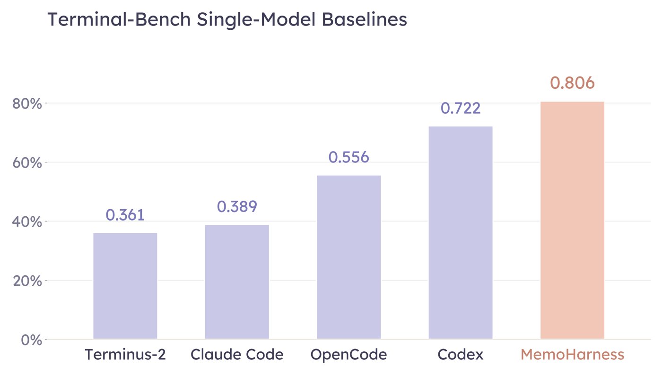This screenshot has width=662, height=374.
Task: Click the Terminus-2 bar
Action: click(x=125, y=286)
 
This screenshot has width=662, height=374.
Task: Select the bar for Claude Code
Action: click(x=237, y=281)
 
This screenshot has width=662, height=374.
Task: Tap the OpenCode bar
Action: click(x=349, y=257)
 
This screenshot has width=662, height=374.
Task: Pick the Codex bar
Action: click(x=461, y=233)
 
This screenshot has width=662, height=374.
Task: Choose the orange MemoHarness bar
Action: click(x=573, y=220)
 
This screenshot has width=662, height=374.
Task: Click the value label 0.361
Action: click(x=125, y=215)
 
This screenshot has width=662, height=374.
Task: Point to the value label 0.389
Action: click(x=237, y=207)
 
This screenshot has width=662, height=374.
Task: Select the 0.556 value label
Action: click(x=349, y=157)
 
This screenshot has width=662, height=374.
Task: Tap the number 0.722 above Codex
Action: click(x=461, y=108)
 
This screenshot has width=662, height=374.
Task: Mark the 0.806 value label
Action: click(x=573, y=83)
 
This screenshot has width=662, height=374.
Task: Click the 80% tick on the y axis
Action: click(x=27, y=104)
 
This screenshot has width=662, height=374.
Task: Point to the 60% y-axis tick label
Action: click(x=27, y=162)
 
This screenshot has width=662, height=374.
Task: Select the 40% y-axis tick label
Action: click(x=27, y=221)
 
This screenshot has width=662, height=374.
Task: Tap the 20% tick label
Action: click(x=27, y=280)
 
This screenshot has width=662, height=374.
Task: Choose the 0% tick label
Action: click(x=31, y=340)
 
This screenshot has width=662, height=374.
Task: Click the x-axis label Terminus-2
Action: click(x=125, y=355)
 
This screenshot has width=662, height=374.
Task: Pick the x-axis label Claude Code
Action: click(x=237, y=355)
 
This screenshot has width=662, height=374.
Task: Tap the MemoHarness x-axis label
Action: click(x=573, y=355)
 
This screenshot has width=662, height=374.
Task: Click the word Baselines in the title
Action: click(x=365, y=19)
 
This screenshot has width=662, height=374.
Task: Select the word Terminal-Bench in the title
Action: click(x=119, y=19)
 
